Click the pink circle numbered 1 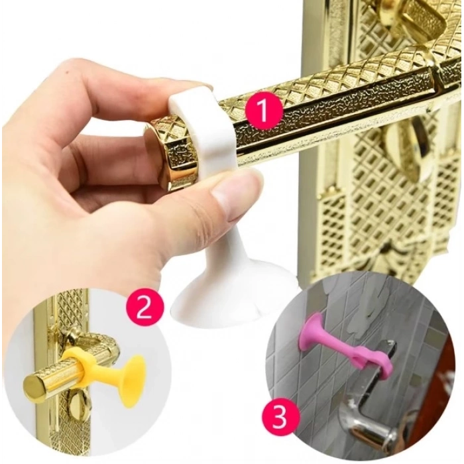263,111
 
